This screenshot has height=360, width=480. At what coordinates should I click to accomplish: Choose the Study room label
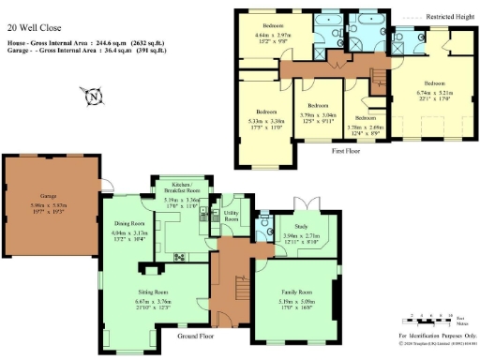(300, 225)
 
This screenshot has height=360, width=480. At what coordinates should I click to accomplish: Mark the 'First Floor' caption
(346, 149)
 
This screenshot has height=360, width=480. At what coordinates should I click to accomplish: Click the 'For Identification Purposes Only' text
(437, 335)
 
